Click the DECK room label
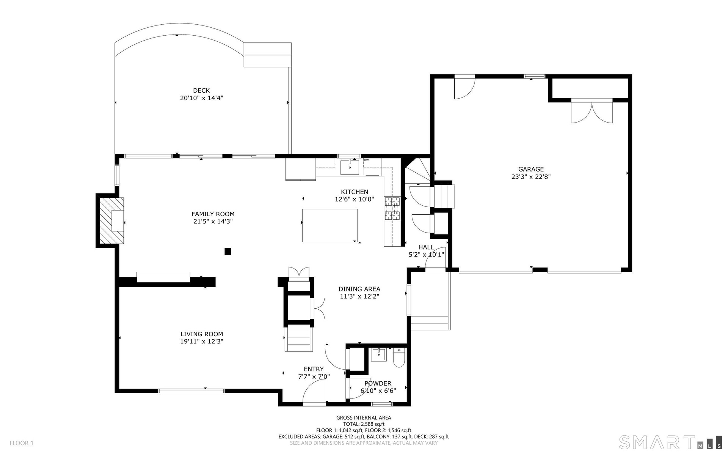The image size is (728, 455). [x=201, y=90]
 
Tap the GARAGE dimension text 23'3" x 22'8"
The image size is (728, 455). [x=531, y=176]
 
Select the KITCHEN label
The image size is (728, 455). [x=355, y=192]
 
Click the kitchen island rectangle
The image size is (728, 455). [x=330, y=225]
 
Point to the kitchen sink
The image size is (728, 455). [x=350, y=167]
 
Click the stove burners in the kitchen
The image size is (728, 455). [x=392, y=208]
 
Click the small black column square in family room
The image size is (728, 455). [x=228, y=251]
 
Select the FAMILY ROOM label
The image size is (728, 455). [x=213, y=214]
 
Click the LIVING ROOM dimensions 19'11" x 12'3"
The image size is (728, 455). [x=202, y=342]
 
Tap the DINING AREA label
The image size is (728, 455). [x=359, y=289]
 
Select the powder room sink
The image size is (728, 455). [x=379, y=354]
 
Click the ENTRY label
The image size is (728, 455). [x=314, y=369]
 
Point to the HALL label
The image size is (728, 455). [x=426, y=247]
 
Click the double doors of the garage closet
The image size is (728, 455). [x=592, y=111]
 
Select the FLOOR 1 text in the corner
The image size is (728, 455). [x=22, y=443]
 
